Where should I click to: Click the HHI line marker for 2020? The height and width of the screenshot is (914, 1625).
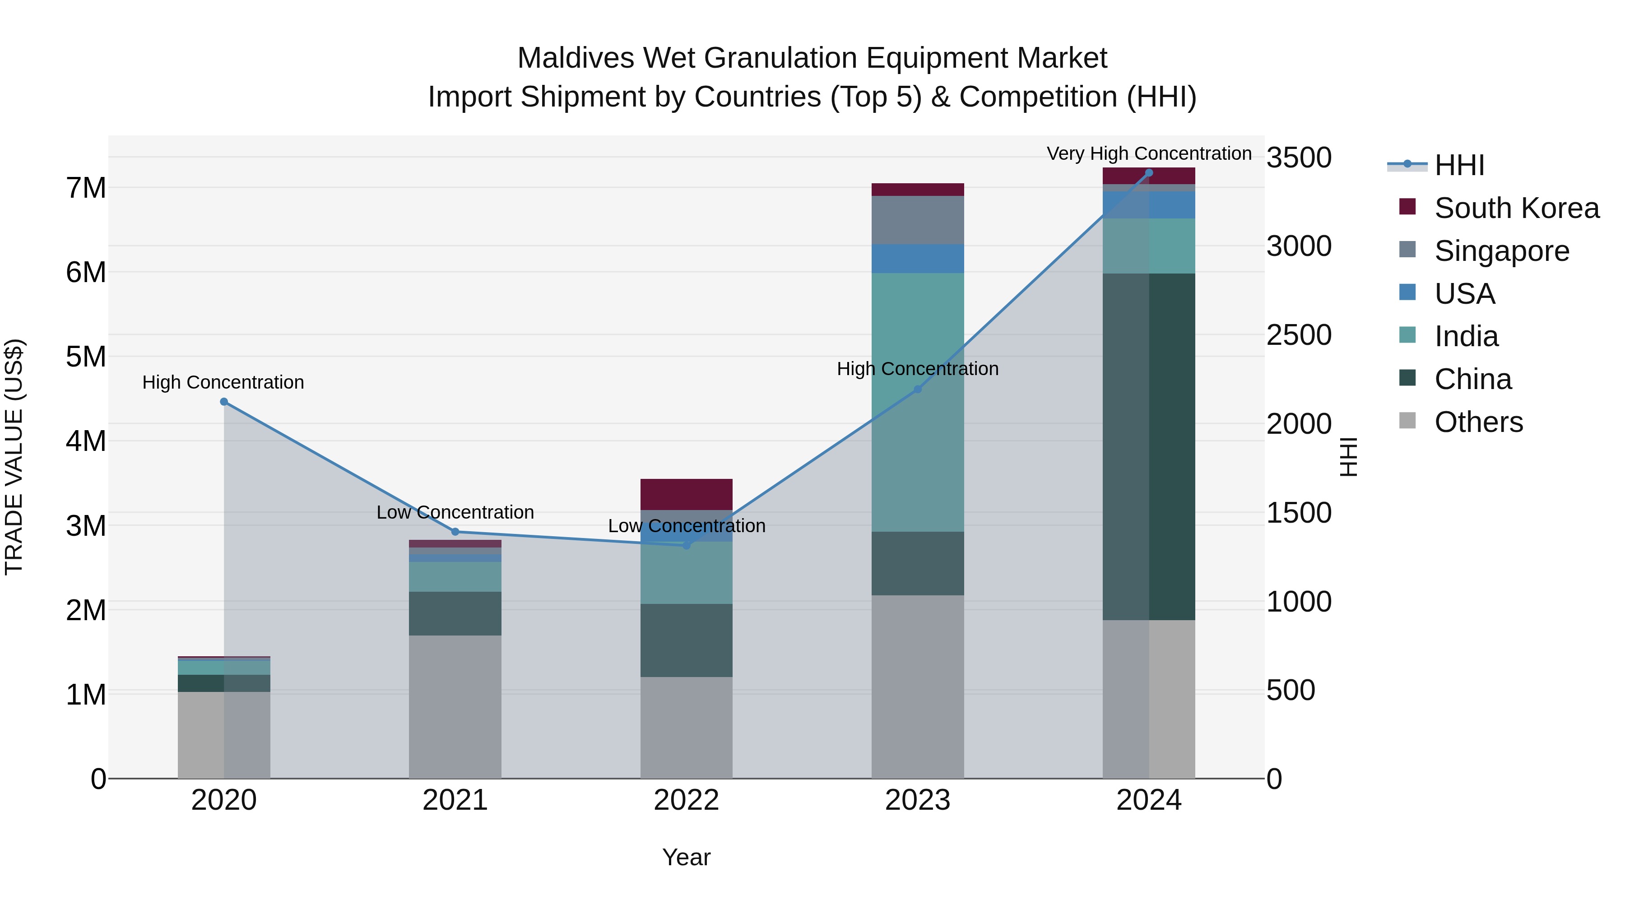pyautogui.click(x=224, y=402)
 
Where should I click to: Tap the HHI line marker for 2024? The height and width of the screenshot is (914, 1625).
pyautogui.click(x=1149, y=173)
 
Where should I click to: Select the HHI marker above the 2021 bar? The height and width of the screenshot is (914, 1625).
pyautogui.click(x=455, y=532)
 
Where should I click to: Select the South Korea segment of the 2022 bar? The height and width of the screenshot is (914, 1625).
pyautogui.click(x=686, y=494)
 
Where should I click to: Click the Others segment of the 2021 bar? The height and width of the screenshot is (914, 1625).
pyautogui.click(x=455, y=706)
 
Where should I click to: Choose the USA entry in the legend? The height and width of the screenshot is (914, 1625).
pyautogui.click(x=1464, y=294)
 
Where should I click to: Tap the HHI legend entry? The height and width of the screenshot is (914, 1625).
pyautogui.click(x=1458, y=165)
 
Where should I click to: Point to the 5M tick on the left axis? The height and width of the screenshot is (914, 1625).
pyautogui.click(x=86, y=357)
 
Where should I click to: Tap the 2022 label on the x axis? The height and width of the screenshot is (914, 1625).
pyautogui.click(x=686, y=800)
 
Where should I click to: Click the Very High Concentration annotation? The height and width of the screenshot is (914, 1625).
pyautogui.click(x=1149, y=153)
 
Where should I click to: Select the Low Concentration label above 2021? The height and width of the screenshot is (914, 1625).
pyautogui.click(x=455, y=512)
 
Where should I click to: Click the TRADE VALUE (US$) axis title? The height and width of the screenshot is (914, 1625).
pyautogui.click(x=14, y=457)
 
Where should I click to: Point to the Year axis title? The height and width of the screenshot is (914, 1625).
pyautogui.click(x=686, y=857)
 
